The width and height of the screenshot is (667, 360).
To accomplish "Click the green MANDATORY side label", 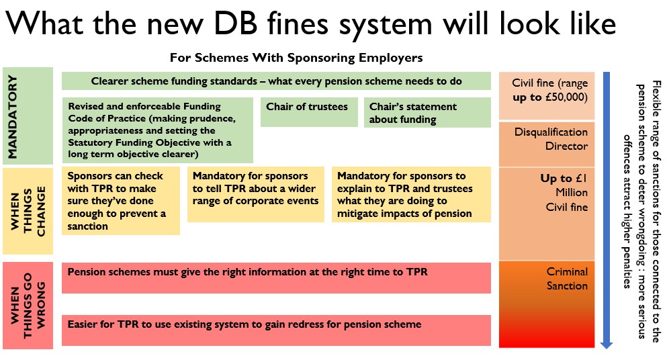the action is click(28, 116).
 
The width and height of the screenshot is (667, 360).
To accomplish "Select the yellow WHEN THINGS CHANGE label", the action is click(28, 211).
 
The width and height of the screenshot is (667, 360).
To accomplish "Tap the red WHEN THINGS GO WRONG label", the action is click(28, 306).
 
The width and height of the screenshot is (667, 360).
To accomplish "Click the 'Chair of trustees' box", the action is click(309, 112).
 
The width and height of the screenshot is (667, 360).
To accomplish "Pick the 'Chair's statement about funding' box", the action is click(427, 112).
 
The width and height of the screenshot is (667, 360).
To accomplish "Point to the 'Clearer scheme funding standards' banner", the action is click(276, 81).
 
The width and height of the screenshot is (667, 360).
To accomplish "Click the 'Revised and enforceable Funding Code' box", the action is click(157, 130).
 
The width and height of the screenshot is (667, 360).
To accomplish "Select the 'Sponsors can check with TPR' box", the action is click(121, 201).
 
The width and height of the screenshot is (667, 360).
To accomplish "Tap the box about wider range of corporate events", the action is click(256, 195).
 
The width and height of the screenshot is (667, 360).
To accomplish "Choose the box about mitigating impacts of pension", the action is click(411, 195).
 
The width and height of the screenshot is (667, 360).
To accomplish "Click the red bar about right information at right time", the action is click(276, 278).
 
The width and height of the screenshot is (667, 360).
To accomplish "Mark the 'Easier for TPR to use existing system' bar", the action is click(276, 330).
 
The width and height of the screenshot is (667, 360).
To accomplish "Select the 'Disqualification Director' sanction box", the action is click(547, 144).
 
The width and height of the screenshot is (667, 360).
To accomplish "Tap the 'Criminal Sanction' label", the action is click(567, 279).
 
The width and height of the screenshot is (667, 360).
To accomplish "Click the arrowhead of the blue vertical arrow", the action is click(606, 345).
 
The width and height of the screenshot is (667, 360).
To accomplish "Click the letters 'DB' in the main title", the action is click(235, 24).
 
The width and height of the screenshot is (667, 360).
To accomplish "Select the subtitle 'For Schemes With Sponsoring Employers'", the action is click(296, 58).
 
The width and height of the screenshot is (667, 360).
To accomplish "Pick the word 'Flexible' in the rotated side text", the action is click(656, 97).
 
